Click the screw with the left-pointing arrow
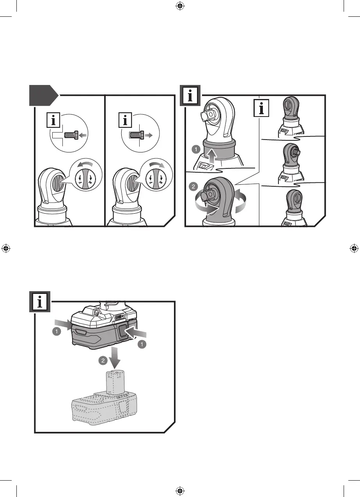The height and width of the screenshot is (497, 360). click(x=71, y=134)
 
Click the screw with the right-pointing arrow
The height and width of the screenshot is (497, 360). click(x=137, y=135)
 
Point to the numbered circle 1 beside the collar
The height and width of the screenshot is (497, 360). click(x=196, y=149)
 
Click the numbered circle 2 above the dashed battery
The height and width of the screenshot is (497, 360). click(x=102, y=361)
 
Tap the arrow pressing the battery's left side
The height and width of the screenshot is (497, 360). click(x=61, y=323)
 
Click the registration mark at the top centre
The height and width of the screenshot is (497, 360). click(x=179, y=6)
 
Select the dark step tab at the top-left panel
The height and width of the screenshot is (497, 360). click(x=43, y=95)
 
